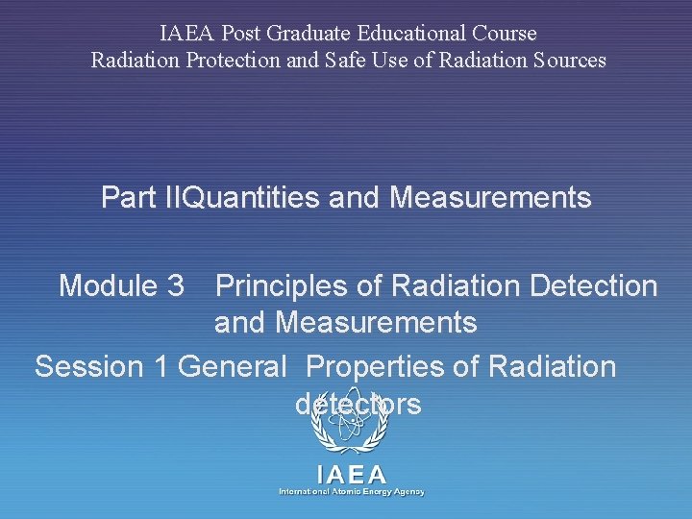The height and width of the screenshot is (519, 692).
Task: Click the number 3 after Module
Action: point(175,285)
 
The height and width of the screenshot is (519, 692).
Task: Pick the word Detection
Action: point(589,285)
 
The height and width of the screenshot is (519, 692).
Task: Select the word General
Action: point(233,366)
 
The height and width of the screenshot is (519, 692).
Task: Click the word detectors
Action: point(358,405)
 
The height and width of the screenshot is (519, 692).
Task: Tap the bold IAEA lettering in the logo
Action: point(352,474)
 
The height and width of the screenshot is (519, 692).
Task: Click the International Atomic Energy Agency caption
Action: point(352,491)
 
